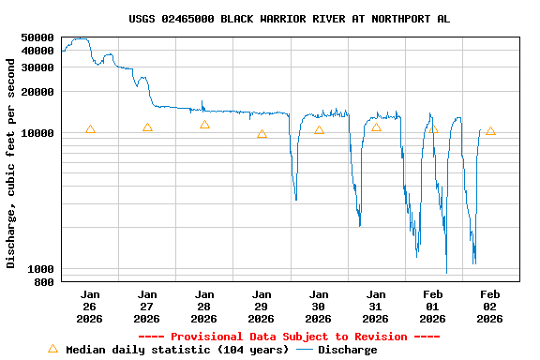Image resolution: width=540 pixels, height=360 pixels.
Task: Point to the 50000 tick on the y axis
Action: click(37, 37)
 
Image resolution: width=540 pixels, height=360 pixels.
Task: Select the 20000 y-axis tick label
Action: click(37, 92)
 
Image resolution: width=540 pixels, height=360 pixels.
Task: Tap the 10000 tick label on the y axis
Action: click(37, 133)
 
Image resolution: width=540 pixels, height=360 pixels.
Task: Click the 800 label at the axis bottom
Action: click(44, 282)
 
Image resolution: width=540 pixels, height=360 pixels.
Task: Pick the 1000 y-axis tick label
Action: click(40, 269)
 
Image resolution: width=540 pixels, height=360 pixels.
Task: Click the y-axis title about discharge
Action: click(11, 163)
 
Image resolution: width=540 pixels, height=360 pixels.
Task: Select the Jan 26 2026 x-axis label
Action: click(90, 307)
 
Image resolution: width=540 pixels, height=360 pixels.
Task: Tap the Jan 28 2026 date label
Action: click(204, 307)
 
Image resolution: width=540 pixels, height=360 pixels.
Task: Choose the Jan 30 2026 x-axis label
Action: click(319, 307)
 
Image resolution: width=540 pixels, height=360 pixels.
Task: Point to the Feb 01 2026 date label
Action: click(433, 307)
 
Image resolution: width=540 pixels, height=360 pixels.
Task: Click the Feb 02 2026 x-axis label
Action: click(490, 307)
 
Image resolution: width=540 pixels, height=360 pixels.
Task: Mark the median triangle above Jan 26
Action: click(90, 129)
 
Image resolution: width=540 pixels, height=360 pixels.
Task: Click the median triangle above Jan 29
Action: click(262, 134)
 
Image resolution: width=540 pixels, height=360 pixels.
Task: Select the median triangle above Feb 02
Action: click(490, 131)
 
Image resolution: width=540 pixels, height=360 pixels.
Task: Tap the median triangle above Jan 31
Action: click(376, 127)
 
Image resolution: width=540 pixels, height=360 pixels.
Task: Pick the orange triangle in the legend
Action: click(52, 349)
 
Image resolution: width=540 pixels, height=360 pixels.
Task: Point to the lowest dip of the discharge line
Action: click(446, 272)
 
